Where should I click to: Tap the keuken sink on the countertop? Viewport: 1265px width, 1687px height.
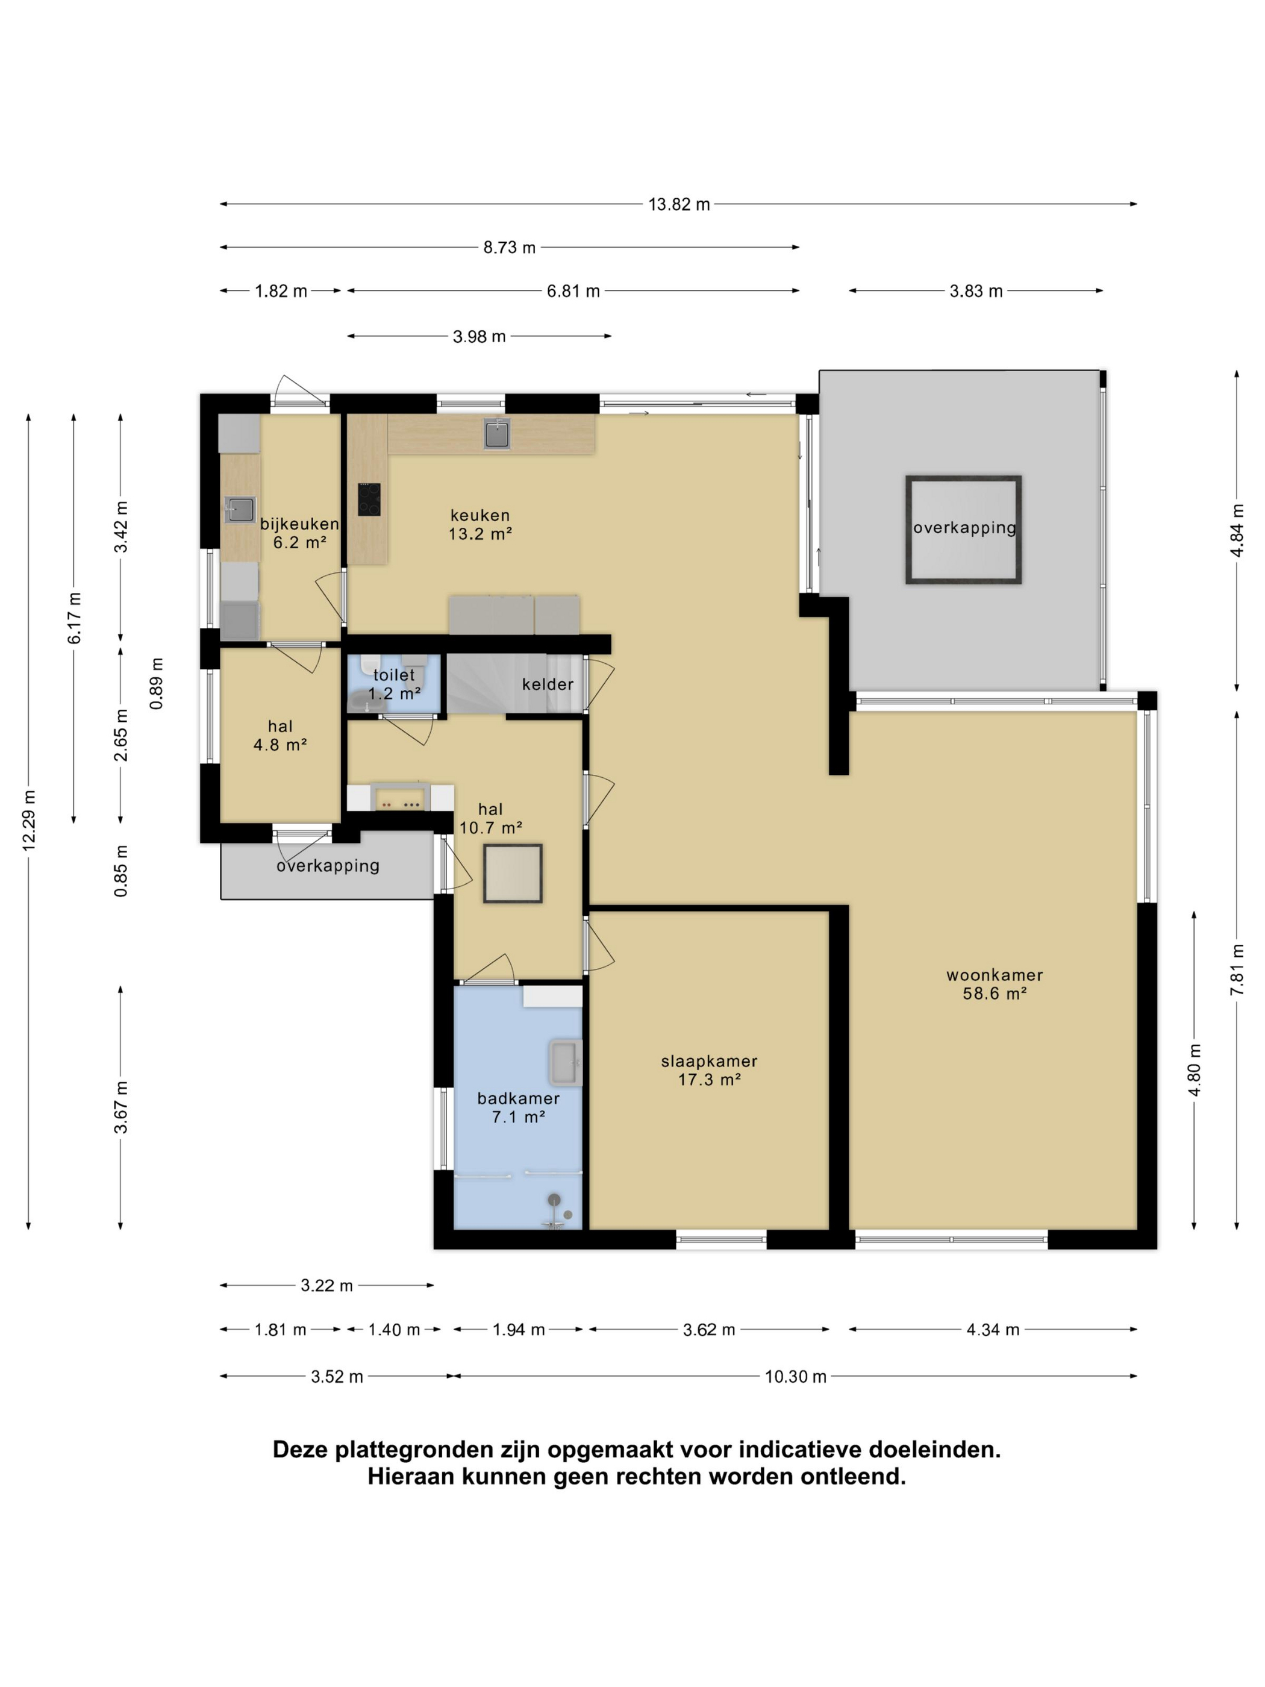[x=496, y=434]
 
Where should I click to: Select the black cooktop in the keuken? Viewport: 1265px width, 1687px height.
[x=369, y=499]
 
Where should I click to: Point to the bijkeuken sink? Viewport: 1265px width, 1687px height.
[x=240, y=509]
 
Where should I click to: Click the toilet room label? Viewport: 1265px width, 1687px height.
[x=394, y=683]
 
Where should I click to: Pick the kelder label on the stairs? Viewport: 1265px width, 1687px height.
[x=548, y=683]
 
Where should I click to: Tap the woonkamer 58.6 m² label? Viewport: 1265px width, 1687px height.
[x=995, y=983]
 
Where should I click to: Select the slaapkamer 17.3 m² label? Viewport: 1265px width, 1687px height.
[x=709, y=1069]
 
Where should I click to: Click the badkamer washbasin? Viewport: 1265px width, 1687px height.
[x=565, y=1062]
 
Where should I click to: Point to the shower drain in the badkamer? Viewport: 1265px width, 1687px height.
[x=567, y=1214]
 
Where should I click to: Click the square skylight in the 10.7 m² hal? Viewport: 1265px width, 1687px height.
[x=513, y=873]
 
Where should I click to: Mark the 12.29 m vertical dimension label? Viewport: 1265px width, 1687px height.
[x=29, y=820]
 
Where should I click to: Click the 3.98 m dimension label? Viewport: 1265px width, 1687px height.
[x=479, y=336]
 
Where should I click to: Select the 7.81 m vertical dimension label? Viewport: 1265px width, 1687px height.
[x=1236, y=969]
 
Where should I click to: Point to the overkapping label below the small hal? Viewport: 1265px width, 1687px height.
[x=328, y=866]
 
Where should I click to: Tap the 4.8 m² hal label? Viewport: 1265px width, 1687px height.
[x=280, y=735]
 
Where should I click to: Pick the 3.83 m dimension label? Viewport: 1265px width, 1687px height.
[x=975, y=290]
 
